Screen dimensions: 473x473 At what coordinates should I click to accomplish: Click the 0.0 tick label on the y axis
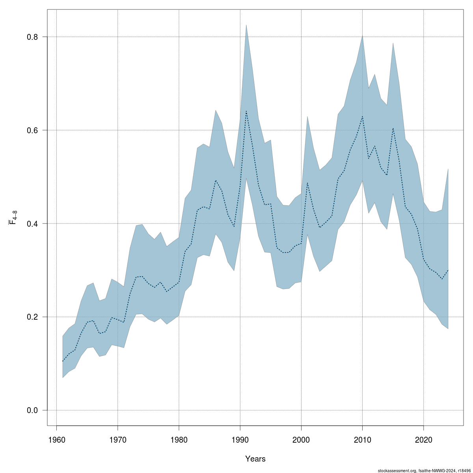32,410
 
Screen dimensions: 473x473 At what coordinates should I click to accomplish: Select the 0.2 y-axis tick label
32,317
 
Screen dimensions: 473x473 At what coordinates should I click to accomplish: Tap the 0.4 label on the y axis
32,223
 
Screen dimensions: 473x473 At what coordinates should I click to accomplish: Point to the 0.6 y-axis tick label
32,130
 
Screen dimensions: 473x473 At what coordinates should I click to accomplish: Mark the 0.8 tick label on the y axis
32,37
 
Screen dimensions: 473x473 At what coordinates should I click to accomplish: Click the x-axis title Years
255,459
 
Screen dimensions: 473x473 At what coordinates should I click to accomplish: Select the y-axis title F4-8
13,218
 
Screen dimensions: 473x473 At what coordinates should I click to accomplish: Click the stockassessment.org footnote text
424,470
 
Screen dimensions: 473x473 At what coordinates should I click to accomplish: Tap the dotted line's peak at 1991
246,111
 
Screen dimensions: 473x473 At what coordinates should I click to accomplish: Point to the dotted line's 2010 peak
362,116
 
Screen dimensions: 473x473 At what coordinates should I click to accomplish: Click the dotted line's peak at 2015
393,128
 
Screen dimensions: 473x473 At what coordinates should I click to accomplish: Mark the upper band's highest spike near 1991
246,25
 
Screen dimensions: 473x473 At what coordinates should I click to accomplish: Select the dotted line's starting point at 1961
63,361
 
